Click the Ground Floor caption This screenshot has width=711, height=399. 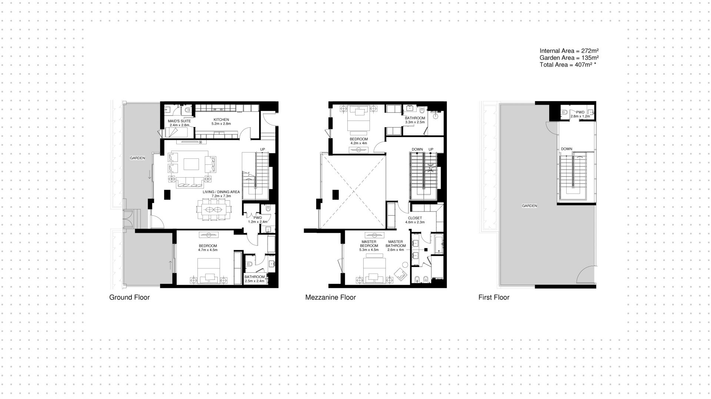pos(129,297)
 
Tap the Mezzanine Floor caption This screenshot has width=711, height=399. pos(330,297)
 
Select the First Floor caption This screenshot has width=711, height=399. pos(494,297)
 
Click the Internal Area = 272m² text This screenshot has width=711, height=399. pos(569,51)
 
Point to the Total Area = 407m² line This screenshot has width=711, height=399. pos(568,64)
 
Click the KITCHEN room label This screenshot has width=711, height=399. pos(221,120)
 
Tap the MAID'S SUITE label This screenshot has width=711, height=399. pos(179,121)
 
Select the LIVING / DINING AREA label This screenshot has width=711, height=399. pos(221,192)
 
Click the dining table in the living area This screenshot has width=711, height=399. pos(214,209)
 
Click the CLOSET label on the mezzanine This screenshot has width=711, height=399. pos(415,218)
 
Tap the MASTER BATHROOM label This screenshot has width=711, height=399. pos(395,244)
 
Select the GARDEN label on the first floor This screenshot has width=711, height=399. pos(529,206)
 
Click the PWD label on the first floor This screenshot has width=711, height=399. pos(580,112)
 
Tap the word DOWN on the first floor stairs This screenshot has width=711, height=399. pos(566,149)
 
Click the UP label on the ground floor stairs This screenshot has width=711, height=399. pos(263,150)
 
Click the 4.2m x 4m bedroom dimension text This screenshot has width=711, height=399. pos(358,143)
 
